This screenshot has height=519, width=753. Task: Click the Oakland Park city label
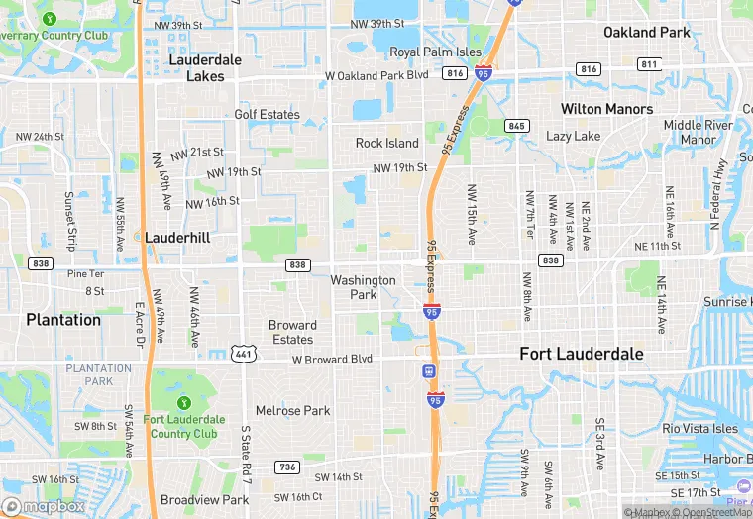click(647, 33)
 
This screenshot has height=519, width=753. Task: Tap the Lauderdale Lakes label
click(205, 67)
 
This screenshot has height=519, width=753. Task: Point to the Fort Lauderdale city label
click(582, 354)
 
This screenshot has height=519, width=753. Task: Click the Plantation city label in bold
click(63, 320)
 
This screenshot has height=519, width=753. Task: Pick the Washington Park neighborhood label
click(364, 287)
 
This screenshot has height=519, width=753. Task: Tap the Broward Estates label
click(292, 332)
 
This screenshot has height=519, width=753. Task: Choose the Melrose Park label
click(292, 410)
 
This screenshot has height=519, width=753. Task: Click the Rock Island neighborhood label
click(387, 144)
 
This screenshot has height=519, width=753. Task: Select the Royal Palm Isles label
click(435, 52)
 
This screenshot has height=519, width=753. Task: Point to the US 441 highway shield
click(243, 354)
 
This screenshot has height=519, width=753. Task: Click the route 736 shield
click(286, 467)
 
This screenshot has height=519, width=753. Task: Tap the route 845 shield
click(515, 126)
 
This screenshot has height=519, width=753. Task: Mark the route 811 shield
click(649, 65)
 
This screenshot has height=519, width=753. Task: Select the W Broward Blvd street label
click(332, 359)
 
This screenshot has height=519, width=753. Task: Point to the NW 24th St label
click(40, 137)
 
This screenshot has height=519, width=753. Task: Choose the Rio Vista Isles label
click(700, 428)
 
